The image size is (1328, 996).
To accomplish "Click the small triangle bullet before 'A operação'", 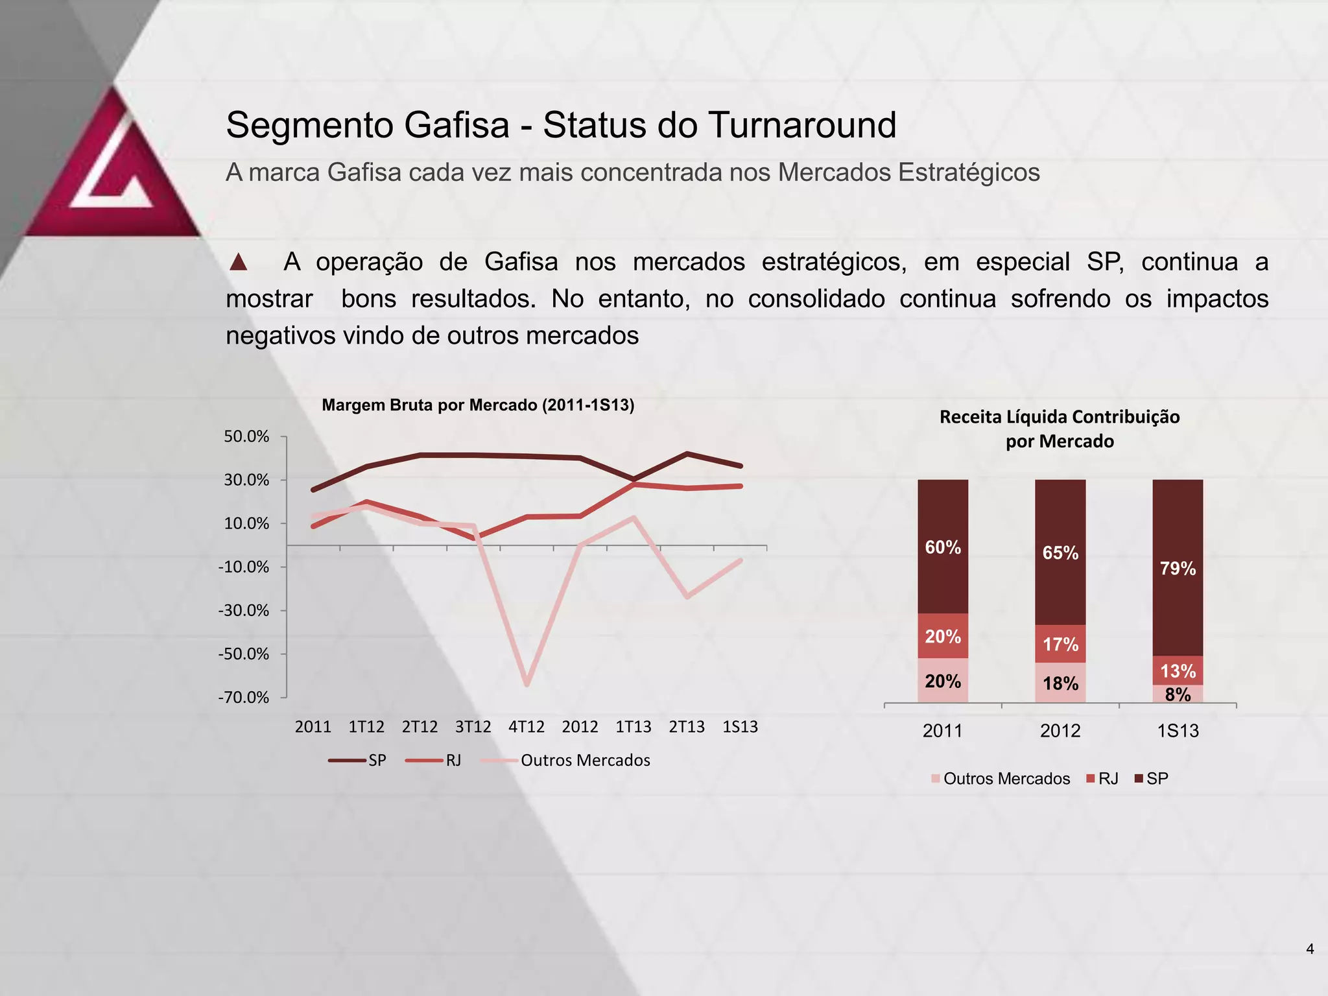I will (x=239, y=263).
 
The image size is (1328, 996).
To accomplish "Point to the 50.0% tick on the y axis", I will (x=246, y=437).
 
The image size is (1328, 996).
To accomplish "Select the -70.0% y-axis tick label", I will (x=244, y=698).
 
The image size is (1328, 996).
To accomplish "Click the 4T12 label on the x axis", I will (x=527, y=727).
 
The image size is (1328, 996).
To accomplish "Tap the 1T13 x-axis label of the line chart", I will (x=633, y=727).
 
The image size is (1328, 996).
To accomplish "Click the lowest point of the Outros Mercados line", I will (x=527, y=683).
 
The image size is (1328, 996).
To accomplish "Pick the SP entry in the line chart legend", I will (x=358, y=761).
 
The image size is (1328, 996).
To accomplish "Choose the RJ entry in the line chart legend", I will (x=434, y=761).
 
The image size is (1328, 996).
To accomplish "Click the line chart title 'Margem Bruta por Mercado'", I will (x=478, y=405).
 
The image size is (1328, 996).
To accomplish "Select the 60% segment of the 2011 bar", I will (x=943, y=547).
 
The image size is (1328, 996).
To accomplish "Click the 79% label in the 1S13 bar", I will (x=1178, y=569).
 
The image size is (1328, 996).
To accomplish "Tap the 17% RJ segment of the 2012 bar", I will (x=1060, y=644).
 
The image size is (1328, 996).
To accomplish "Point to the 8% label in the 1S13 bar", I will (x=1178, y=694).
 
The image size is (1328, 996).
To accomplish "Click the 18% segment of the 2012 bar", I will (x=1060, y=683).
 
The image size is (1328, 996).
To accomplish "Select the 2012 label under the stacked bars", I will (x=1060, y=731).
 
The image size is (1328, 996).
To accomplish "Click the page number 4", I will (x=1310, y=949).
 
